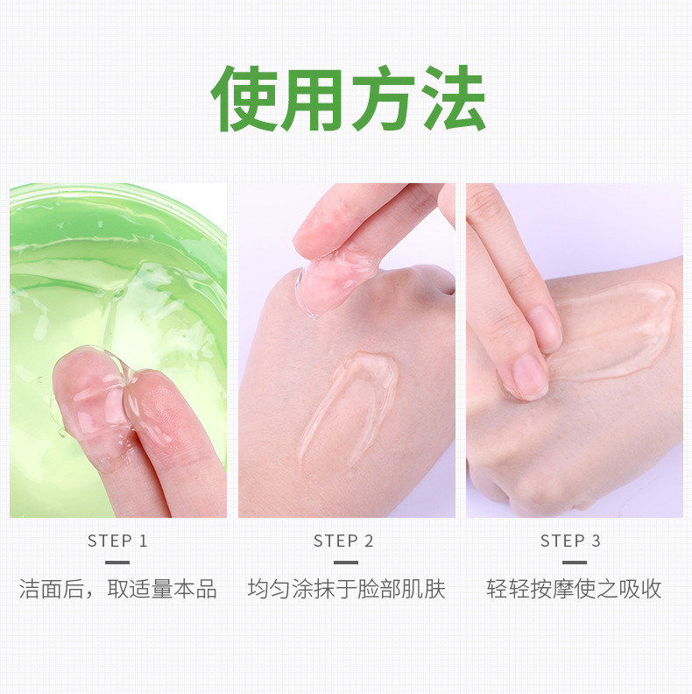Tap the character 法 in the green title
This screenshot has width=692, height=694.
[x=453, y=98]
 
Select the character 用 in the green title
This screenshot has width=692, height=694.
[x=312, y=99]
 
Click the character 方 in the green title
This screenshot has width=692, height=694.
[x=383, y=98]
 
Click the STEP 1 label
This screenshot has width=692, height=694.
[x=117, y=541]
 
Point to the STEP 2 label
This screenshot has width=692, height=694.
[x=343, y=541]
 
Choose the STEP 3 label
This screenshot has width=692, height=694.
[x=570, y=541]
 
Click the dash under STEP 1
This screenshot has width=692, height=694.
[x=117, y=563]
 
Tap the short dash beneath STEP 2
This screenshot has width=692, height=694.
[x=346, y=563]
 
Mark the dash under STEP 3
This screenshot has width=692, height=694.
[x=575, y=563]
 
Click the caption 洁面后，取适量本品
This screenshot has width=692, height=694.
[x=117, y=589]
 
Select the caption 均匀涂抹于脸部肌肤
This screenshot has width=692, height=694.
[x=346, y=589]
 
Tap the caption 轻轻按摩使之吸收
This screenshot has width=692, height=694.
[x=574, y=589]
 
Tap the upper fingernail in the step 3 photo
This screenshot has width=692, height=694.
[x=543, y=329]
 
